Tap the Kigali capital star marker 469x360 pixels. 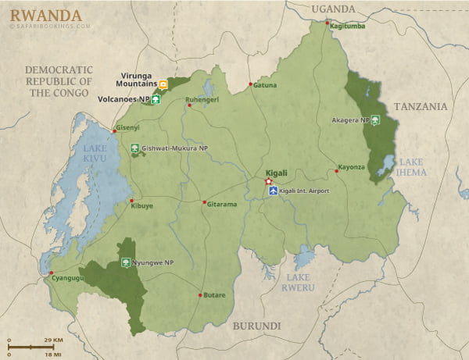pos(269,181)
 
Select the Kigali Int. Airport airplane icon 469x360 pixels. pos(273,191)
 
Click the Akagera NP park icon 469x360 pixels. pos(376,121)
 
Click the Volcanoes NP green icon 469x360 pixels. pos(156,99)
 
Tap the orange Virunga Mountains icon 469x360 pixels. pos(163,84)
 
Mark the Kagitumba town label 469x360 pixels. pos(346,26)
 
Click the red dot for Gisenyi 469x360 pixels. pos(114,131)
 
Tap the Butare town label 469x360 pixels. pos(215,295)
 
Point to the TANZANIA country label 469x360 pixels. pos(421,106)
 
